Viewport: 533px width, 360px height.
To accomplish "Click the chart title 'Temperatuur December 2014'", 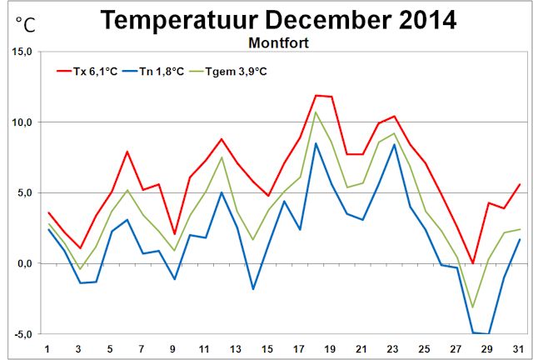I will tap(278, 21).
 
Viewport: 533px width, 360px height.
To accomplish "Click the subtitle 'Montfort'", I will tap(278, 42).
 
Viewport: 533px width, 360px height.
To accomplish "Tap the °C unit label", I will tap(25, 25).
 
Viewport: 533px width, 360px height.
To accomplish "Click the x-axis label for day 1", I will tap(48, 348).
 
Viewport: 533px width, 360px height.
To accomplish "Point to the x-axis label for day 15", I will tap(266, 348).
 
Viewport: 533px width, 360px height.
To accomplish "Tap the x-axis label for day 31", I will tap(517, 348).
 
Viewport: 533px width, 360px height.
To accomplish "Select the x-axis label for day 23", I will tap(392, 348).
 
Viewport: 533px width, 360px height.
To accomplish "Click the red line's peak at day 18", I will tap(316, 95).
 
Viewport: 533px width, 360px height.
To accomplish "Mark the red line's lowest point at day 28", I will tap(472, 263).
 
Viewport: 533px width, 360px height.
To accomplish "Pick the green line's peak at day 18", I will tap(316, 112).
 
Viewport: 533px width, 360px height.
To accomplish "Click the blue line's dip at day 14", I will tap(253, 289).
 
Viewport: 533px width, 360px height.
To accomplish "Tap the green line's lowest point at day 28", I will tap(472, 307).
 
